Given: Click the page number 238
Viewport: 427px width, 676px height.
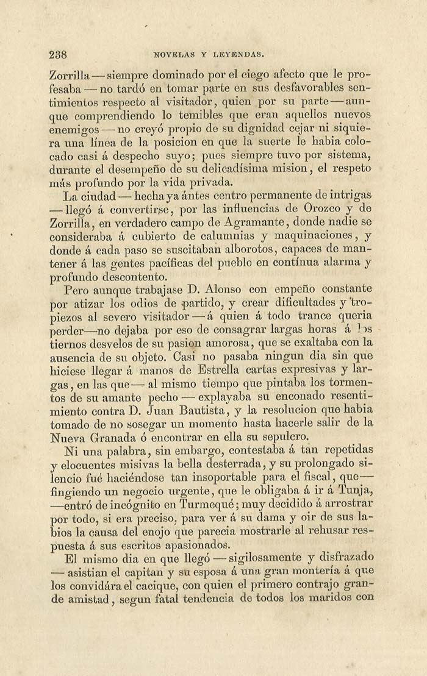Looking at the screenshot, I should click(x=57, y=55).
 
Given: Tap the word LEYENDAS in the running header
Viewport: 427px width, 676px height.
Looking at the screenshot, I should click(x=241, y=55).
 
